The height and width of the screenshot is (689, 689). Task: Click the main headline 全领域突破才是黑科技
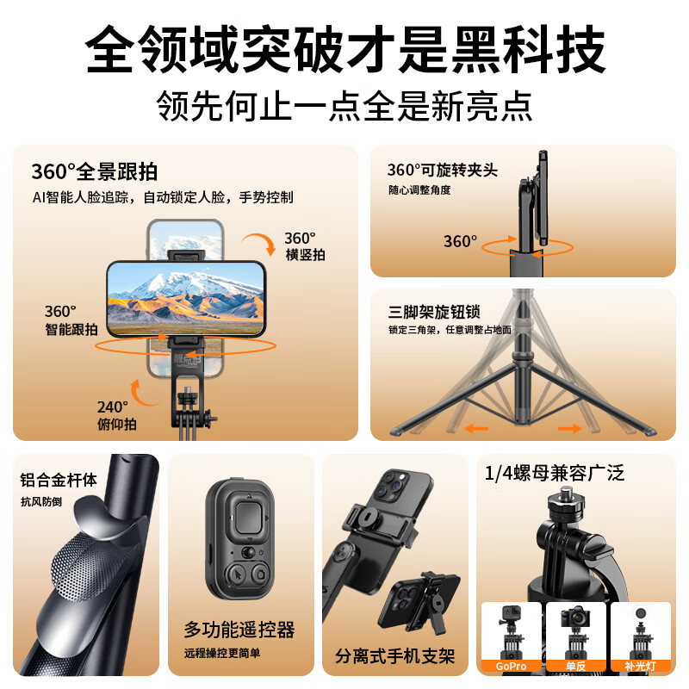344,51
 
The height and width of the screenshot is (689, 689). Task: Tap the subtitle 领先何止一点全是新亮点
344,106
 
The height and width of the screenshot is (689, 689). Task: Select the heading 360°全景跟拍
94,171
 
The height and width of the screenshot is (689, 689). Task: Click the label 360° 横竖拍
304,245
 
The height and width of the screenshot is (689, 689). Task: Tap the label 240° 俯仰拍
115,413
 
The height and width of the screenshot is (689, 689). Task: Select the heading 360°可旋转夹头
443,171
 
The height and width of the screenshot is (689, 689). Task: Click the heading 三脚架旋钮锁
434,311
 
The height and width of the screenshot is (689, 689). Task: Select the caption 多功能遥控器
239,629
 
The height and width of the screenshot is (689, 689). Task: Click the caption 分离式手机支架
394,656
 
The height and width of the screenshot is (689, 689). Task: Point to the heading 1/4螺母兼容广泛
554,472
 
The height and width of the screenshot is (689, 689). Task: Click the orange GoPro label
511,666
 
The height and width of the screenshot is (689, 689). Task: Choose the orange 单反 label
575,666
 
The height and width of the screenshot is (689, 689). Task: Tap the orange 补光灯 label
640,666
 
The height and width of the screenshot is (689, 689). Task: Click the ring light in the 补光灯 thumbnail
640,618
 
